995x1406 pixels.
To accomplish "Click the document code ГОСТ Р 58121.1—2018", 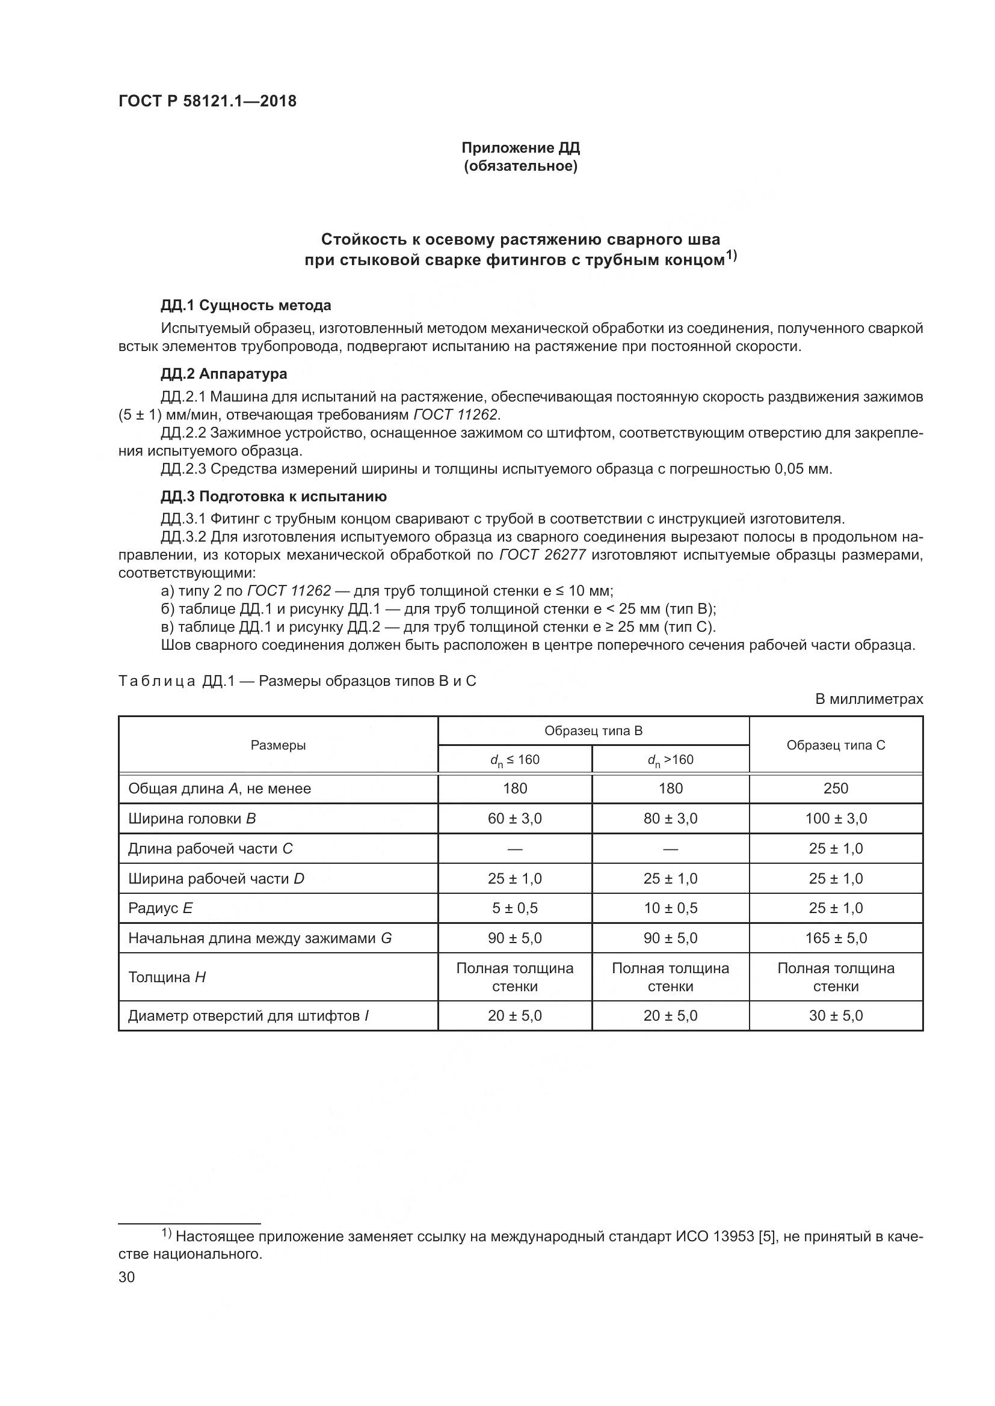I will (x=207, y=101).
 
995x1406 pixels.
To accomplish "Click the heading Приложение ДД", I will (x=520, y=148).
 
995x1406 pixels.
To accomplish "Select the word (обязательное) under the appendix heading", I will (x=520, y=166).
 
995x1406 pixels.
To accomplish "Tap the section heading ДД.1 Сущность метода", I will (x=245, y=305).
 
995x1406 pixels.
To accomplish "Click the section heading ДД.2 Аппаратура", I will (x=224, y=373).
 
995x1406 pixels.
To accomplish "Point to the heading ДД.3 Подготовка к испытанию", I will (x=273, y=496).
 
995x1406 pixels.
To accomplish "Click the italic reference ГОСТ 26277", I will (x=543, y=555).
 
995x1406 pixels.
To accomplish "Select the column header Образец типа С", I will (x=836, y=745).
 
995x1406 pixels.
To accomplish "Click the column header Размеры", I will (x=278, y=745).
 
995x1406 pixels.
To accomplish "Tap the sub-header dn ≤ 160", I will (x=515, y=760).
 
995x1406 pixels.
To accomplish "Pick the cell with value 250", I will (x=836, y=789).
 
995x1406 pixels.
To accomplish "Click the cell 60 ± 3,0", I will (x=515, y=819).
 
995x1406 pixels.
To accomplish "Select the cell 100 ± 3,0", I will (x=836, y=819).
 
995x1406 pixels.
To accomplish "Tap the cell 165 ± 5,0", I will (x=836, y=938).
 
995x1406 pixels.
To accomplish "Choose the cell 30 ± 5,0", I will (x=836, y=1016).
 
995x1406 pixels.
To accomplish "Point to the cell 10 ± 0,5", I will (x=670, y=908).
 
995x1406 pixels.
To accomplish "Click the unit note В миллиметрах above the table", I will (x=869, y=699).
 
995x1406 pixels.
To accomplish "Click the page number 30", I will (x=127, y=1277).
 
